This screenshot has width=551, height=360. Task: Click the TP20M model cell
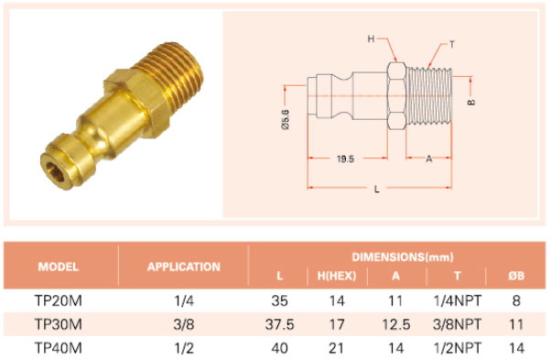[x=59, y=301]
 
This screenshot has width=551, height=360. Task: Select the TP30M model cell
[x=59, y=324]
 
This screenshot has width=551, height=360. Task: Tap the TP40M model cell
[x=59, y=348]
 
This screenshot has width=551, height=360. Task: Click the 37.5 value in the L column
[x=280, y=324]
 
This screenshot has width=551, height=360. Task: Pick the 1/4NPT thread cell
[x=457, y=301]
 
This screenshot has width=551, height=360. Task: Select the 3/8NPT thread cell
[x=457, y=324]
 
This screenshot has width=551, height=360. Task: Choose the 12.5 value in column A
[x=396, y=324]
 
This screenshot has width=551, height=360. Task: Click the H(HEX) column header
[x=337, y=276]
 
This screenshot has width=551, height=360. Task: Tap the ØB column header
[x=516, y=276]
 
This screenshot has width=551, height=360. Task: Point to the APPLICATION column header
[x=184, y=267]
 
